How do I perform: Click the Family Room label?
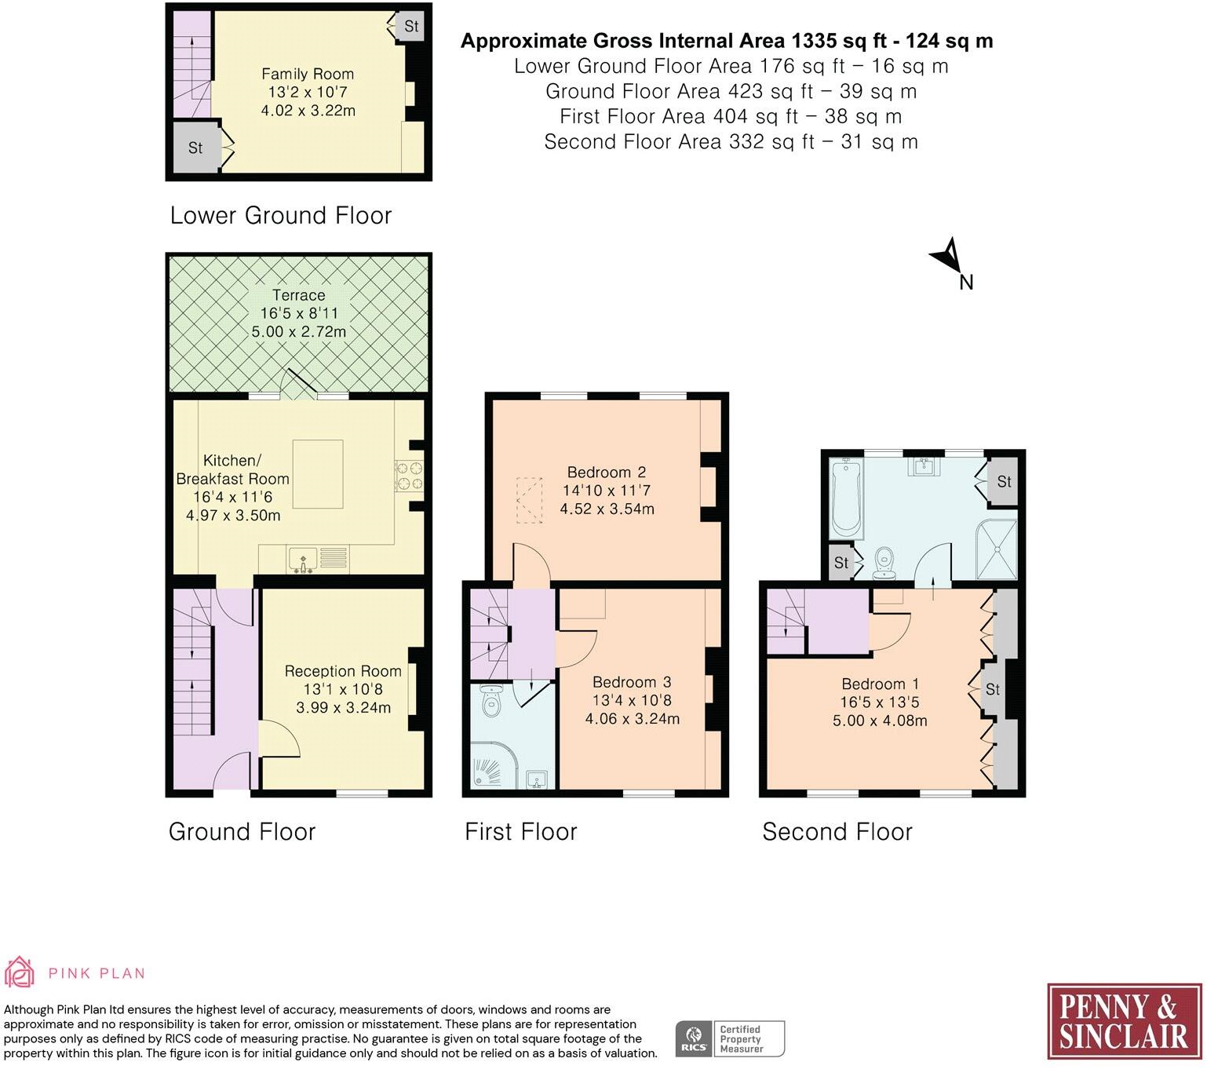pos(307,74)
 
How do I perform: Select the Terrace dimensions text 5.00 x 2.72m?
pos(298,331)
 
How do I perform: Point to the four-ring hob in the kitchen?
pos(408,475)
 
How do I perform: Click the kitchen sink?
pos(302,559)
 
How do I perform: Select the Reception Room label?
pos(343,671)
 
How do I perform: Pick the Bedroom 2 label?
pos(606,472)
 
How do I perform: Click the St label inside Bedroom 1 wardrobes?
pos(993,689)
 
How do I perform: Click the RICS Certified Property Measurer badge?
pos(730,1038)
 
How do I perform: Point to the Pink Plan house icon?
pos(20,972)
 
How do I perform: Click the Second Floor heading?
pos(837,831)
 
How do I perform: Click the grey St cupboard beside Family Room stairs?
pos(195,148)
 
